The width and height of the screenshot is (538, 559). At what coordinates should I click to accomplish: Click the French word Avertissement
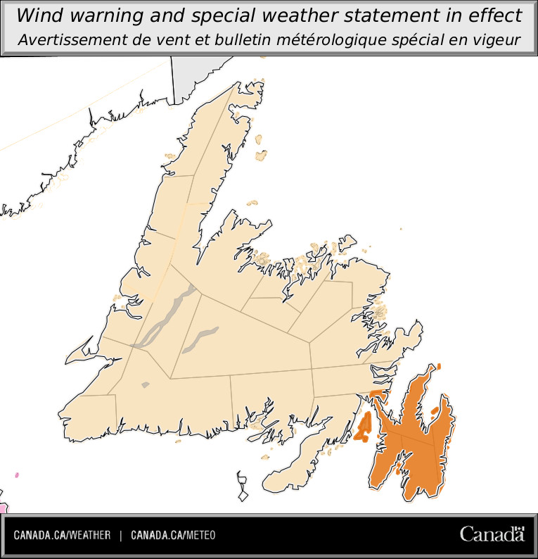(69, 40)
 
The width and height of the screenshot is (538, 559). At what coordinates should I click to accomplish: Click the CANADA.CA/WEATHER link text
(62, 536)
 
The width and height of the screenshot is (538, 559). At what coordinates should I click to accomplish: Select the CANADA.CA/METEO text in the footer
(173, 536)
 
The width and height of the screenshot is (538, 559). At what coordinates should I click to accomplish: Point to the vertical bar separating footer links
(121, 536)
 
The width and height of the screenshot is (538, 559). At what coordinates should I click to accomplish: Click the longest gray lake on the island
(165, 317)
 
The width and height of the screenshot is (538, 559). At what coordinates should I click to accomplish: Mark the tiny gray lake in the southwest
(146, 384)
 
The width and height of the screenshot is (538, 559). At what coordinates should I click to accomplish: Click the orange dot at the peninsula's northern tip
(438, 367)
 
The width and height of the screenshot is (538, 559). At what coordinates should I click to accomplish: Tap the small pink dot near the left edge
(16, 475)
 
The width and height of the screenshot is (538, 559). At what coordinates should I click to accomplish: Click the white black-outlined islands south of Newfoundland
(243, 486)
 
